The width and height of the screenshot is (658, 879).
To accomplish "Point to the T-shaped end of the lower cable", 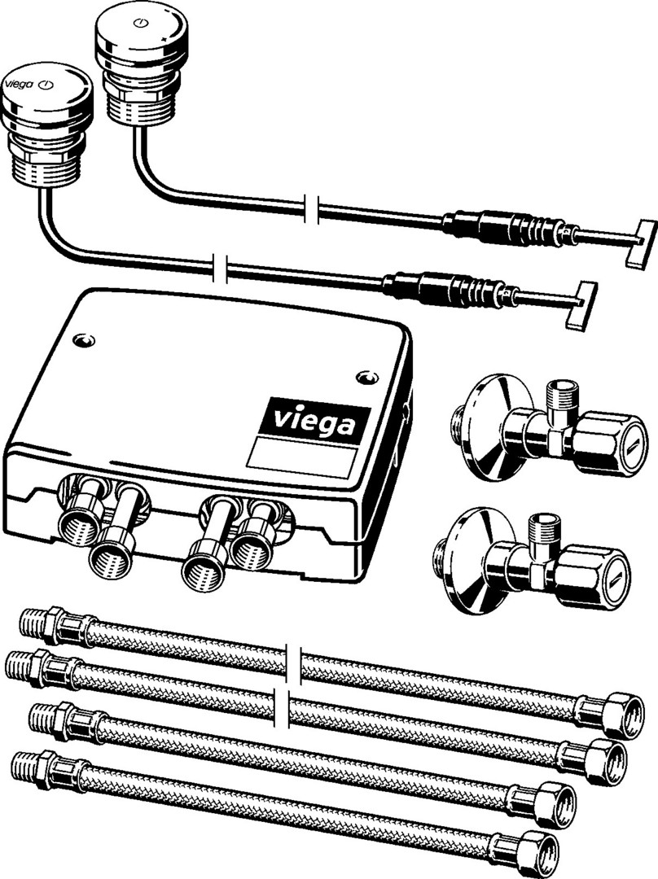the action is pyautogui.click(x=581, y=305).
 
